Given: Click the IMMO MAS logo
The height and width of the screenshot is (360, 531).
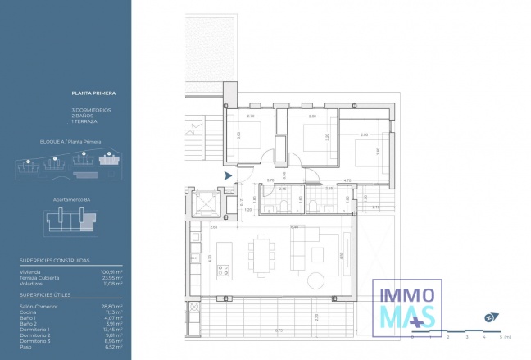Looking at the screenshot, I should tap(408, 304).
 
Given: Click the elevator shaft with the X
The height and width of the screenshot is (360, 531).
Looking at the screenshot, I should tap(204, 201).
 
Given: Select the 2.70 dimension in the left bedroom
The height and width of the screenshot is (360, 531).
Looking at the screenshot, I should tap(251, 116).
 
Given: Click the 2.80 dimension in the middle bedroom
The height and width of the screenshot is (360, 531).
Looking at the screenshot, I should tap(312, 116).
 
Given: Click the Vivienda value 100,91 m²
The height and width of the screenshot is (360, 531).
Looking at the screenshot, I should tap(113, 272).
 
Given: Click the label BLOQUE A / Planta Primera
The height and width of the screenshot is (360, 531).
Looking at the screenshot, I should tap(70, 142).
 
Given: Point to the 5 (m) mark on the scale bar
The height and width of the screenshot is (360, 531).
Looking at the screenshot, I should tap(502, 336).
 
